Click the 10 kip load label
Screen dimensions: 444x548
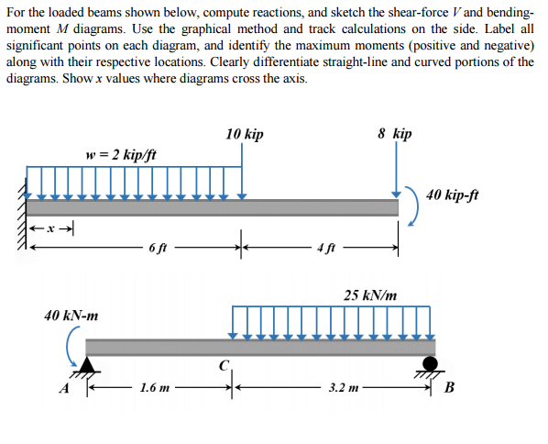point(244,135)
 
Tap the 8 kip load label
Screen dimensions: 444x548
point(394,134)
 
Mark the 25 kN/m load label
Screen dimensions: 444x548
point(370,295)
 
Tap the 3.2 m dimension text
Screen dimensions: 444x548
point(345,388)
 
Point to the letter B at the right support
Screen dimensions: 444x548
point(449,386)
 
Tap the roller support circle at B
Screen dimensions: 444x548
point(430,360)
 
